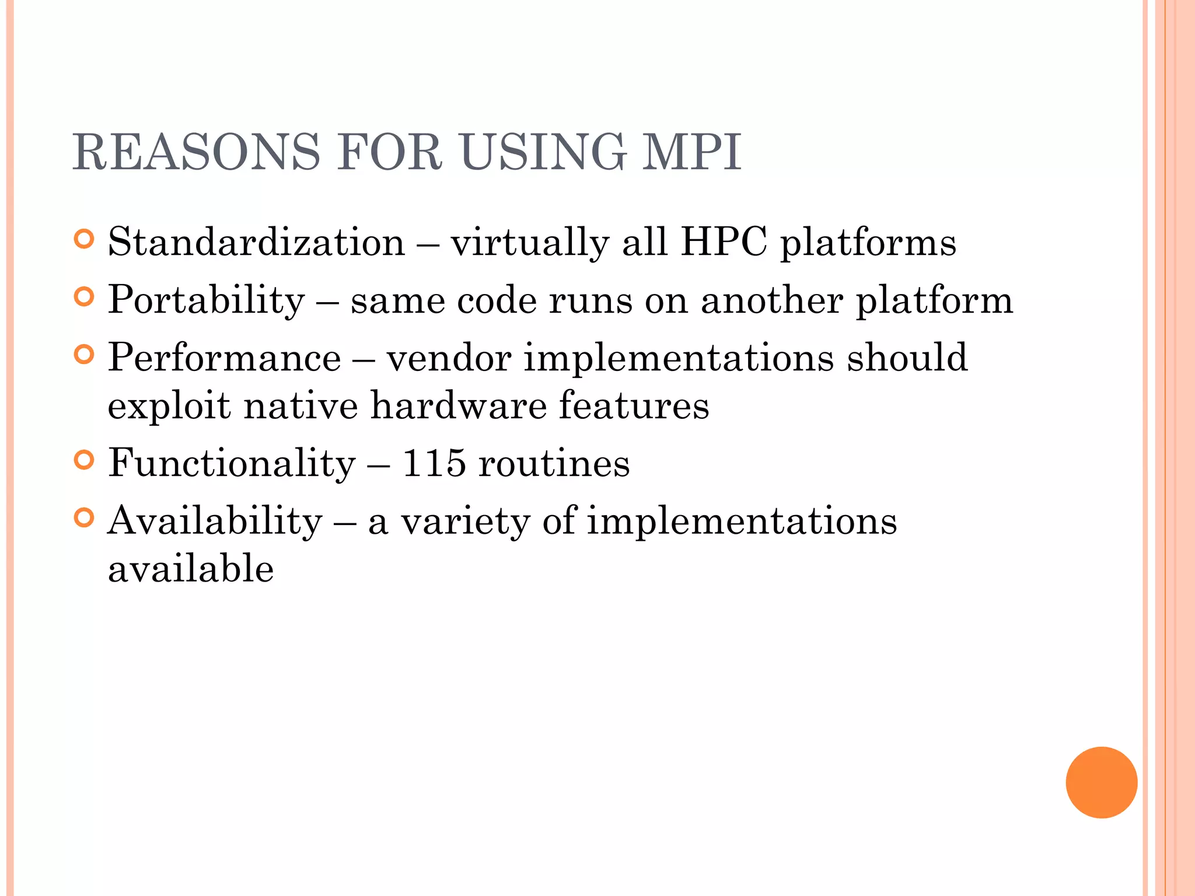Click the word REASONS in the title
[196, 153]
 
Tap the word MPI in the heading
[691, 153]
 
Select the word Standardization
[256, 242]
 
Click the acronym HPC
[724, 242]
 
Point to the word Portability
[207, 300]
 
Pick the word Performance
[225, 358]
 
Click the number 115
[434, 463]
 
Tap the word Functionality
[232, 463]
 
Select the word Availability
[215, 521]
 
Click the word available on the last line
[191, 569]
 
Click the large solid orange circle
[1101, 782]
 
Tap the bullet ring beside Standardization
[85, 239]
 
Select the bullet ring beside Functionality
[85, 460]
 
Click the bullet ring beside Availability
[85, 518]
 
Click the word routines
[554, 463]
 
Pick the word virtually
[530, 242]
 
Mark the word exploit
[169, 407]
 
